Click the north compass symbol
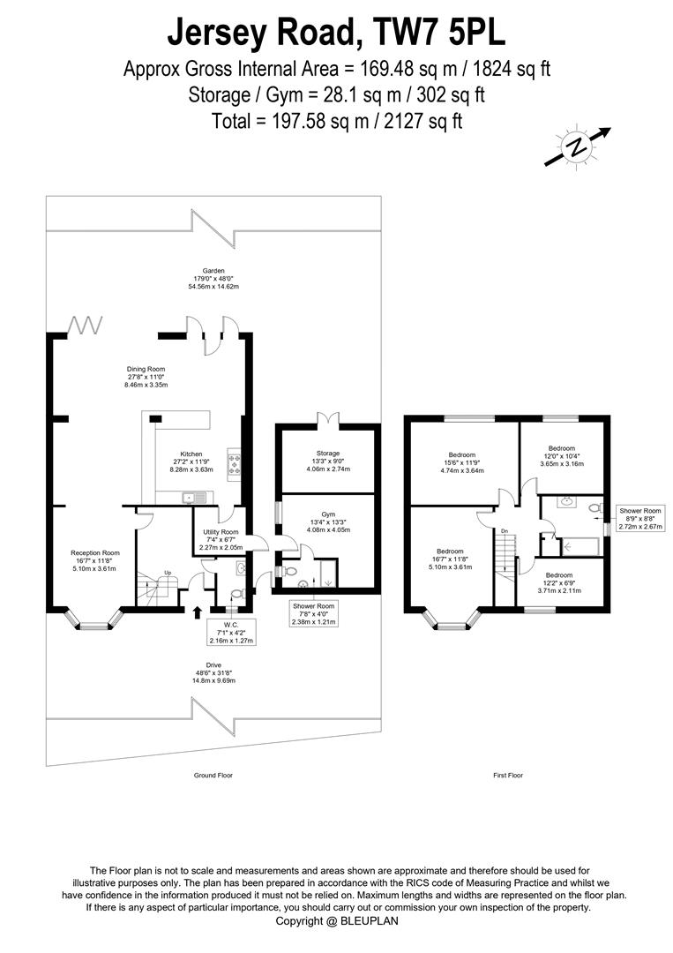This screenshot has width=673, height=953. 577,146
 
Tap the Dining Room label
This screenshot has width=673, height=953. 146,377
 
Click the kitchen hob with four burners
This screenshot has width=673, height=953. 234,464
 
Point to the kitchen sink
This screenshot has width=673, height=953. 194,499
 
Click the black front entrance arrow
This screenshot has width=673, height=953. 197,612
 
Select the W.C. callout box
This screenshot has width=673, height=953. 231,633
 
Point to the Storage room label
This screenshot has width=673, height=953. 328,461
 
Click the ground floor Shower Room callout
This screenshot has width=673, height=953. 313,614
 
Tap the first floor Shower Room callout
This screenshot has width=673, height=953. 640,519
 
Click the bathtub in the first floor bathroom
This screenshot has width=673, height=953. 581,547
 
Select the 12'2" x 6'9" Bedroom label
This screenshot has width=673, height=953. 559,583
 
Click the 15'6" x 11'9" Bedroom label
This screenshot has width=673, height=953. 462,462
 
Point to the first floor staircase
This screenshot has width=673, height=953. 505,555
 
